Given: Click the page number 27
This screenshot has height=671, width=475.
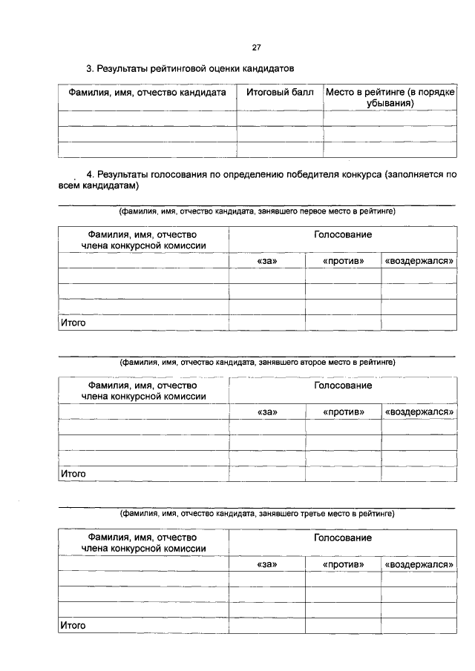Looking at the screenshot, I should click(x=256, y=47).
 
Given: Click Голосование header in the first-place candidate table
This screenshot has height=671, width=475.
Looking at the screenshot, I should click(x=342, y=234).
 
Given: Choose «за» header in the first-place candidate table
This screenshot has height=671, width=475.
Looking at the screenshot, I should click(x=266, y=261).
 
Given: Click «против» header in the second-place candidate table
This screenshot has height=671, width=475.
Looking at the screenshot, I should click(x=343, y=412).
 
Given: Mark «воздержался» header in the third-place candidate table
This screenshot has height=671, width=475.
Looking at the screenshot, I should click(x=419, y=563).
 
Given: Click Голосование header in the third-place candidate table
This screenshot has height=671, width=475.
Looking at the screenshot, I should click(x=342, y=537).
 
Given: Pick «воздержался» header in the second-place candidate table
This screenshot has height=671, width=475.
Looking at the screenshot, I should click(x=419, y=412).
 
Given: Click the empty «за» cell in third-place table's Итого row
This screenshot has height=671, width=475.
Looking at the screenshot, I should click(x=266, y=626).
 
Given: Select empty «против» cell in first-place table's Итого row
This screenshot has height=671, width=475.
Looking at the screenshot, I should click(x=343, y=323).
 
